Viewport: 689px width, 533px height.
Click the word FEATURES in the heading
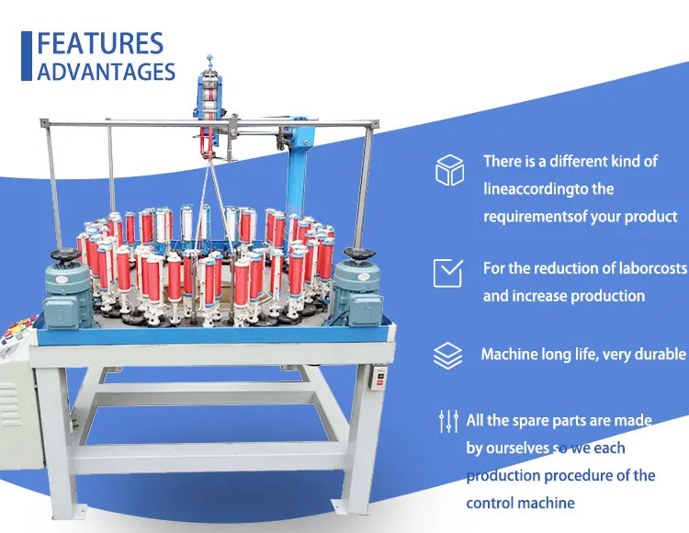click(x=100, y=43)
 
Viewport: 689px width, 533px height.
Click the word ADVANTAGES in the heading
click(x=106, y=72)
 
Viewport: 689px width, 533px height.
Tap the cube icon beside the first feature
click(x=449, y=170)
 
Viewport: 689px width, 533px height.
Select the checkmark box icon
click(x=448, y=273)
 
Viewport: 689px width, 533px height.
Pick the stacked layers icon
click(x=448, y=355)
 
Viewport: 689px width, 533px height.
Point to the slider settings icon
click(x=448, y=422)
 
